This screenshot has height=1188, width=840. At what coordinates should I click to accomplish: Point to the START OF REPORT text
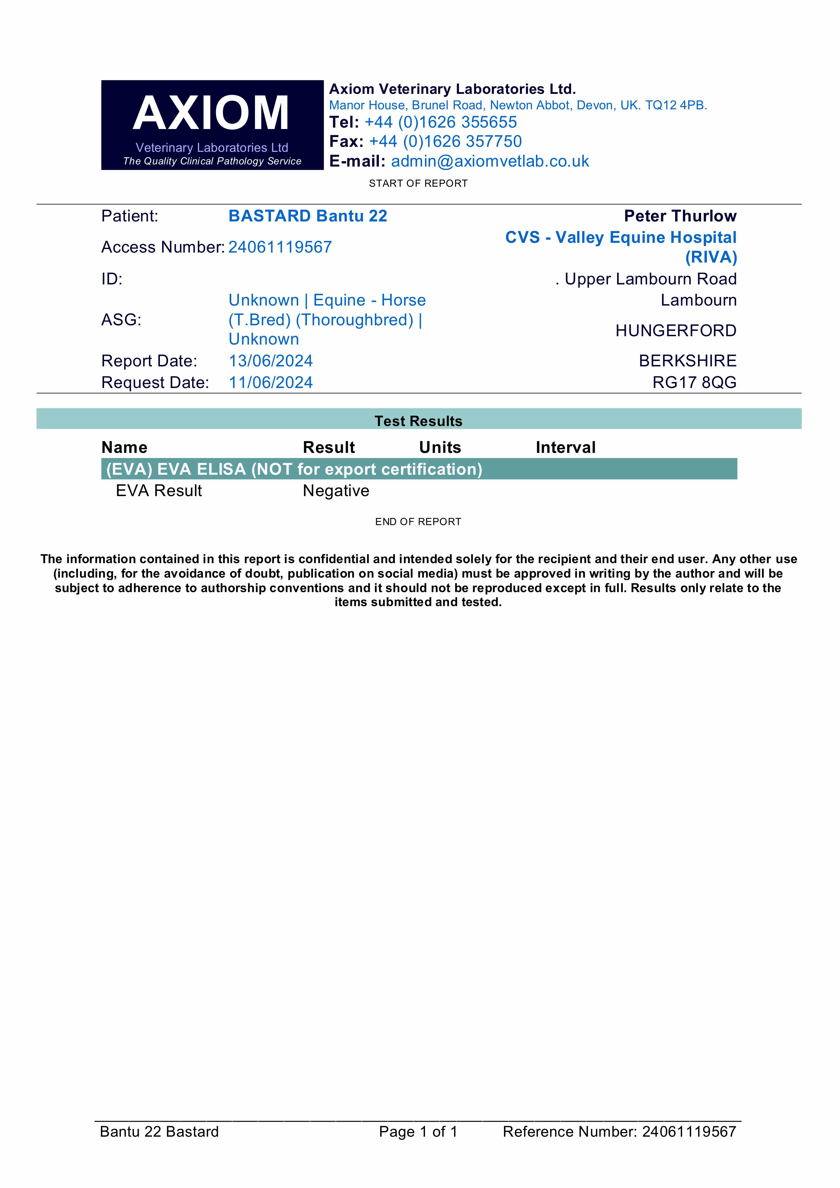(x=418, y=183)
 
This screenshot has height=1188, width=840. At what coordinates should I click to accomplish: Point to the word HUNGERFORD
(x=675, y=331)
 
